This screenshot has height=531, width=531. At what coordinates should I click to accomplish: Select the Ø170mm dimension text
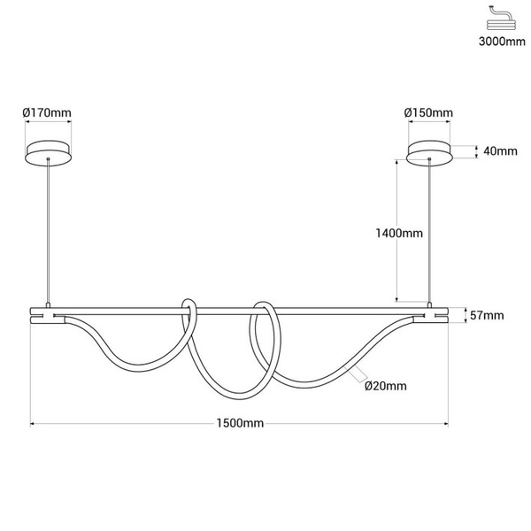point(46,112)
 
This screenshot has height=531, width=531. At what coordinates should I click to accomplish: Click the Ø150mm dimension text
point(428,112)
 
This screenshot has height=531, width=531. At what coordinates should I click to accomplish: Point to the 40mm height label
point(500,150)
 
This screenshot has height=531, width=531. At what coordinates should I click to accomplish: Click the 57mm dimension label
point(488,315)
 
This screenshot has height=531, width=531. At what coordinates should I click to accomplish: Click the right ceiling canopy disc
point(429,152)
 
